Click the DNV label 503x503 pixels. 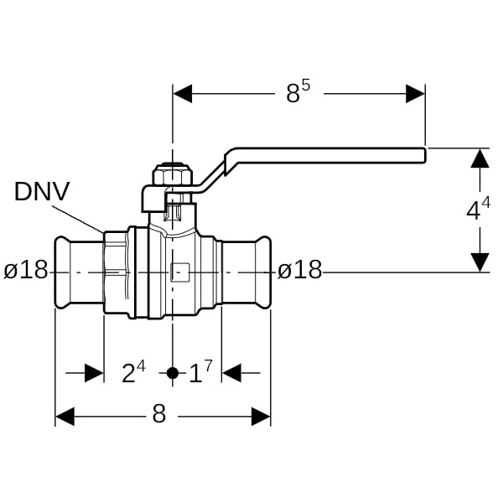(x=42, y=192)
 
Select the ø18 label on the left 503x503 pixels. (x=26, y=270)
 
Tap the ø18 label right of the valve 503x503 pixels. (x=299, y=270)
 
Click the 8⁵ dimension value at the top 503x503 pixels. (x=298, y=92)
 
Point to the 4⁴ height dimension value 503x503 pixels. (x=479, y=209)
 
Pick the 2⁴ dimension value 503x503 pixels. (x=133, y=372)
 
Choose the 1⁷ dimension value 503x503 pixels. (x=200, y=372)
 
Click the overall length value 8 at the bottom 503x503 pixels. (x=159, y=413)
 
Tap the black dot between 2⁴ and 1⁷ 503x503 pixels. (x=173, y=373)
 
